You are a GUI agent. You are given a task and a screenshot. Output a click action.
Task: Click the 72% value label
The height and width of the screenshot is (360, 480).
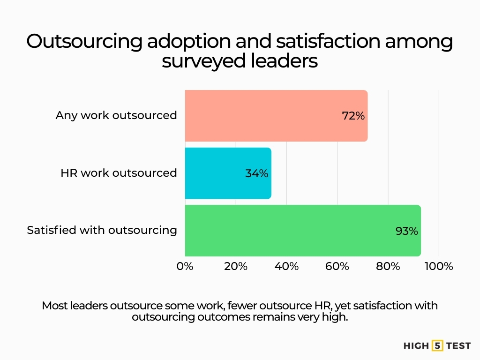pos(353,116)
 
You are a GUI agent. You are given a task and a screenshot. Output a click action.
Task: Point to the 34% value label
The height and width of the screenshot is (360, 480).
pos(256,173)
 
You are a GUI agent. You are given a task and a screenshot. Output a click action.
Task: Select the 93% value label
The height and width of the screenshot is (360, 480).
pos(406,231)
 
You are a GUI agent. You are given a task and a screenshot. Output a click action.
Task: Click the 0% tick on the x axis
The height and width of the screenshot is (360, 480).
pos(185,266)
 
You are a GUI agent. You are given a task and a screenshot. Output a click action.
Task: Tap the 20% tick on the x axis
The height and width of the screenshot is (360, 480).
pos(236,266)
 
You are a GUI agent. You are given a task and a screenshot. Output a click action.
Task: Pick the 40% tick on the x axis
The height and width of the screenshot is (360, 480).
pos(286,266)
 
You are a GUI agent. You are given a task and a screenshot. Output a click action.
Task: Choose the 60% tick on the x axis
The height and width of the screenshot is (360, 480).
pos(337,266)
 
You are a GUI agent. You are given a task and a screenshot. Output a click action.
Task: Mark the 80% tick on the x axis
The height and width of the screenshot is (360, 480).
pos(388,266)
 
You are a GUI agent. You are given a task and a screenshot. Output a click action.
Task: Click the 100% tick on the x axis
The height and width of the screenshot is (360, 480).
pos(439,266)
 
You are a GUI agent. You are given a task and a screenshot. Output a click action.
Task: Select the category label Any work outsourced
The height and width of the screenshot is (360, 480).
pos(116,115)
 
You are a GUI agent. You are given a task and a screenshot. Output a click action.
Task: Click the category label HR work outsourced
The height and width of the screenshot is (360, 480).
pos(119,173)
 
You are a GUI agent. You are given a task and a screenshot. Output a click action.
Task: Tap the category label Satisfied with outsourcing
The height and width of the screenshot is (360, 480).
pos(102,230)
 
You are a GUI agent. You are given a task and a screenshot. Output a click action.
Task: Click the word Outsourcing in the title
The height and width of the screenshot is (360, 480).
pos(84,42)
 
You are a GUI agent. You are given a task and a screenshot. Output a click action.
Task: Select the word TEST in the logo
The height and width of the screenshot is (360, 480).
pos(458,346)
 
